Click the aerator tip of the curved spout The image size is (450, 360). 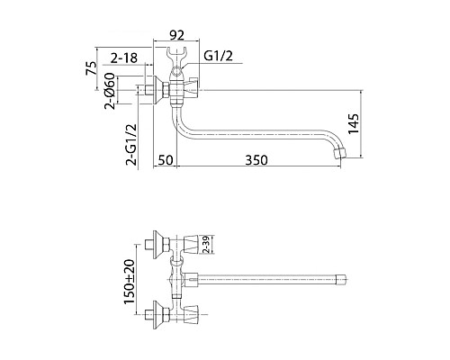(339, 154)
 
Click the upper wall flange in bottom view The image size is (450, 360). (160, 244)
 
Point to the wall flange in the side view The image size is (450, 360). (161, 90)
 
